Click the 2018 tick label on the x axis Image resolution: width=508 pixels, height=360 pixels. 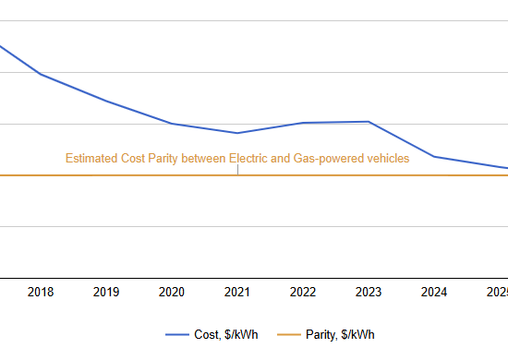(x=41, y=292)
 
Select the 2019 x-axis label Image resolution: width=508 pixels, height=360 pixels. (x=106, y=292)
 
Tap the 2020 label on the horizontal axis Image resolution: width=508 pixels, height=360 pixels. (x=172, y=292)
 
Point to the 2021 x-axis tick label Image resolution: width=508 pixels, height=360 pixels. (x=237, y=292)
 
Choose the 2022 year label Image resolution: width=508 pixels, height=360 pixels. (x=303, y=292)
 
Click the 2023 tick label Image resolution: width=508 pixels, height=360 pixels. (x=369, y=292)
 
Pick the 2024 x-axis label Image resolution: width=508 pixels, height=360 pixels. (x=434, y=292)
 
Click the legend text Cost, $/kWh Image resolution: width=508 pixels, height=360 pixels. (x=226, y=334)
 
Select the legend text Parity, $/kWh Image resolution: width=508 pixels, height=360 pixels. (x=342, y=334)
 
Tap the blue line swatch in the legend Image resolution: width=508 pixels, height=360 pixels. (x=177, y=334)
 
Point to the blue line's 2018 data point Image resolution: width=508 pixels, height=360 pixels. (x=41, y=74)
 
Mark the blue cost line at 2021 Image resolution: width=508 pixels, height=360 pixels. (x=237, y=133)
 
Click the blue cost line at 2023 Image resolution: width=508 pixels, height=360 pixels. (x=369, y=122)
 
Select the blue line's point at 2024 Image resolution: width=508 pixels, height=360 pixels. (x=434, y=157)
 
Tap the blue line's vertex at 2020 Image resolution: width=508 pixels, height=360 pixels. (x=172, y=123)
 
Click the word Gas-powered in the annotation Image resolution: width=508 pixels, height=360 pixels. (x=324, y=159)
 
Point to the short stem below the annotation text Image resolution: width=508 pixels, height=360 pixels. (x=237, y=170)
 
